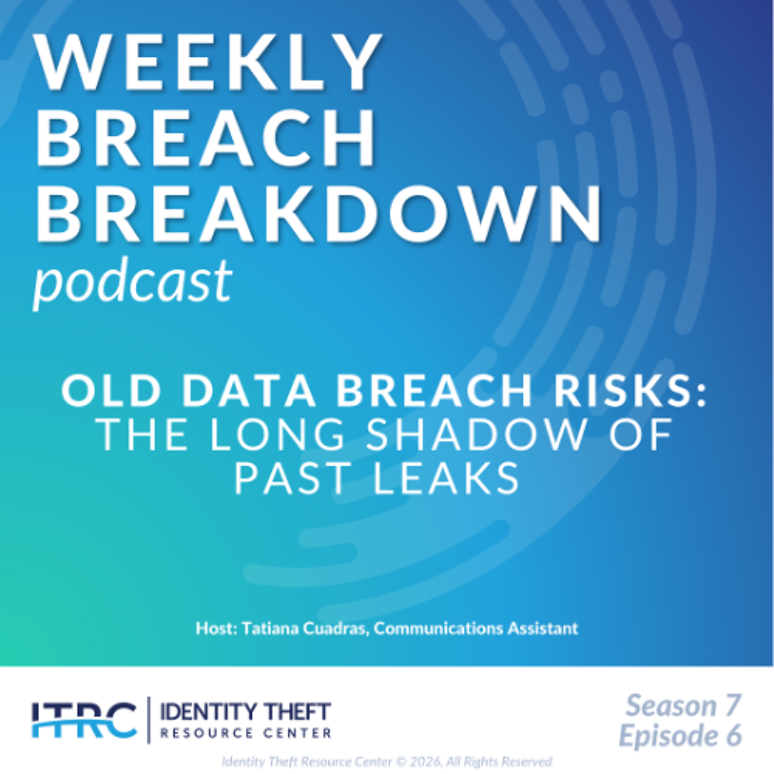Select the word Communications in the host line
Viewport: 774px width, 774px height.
pos(438,628)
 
